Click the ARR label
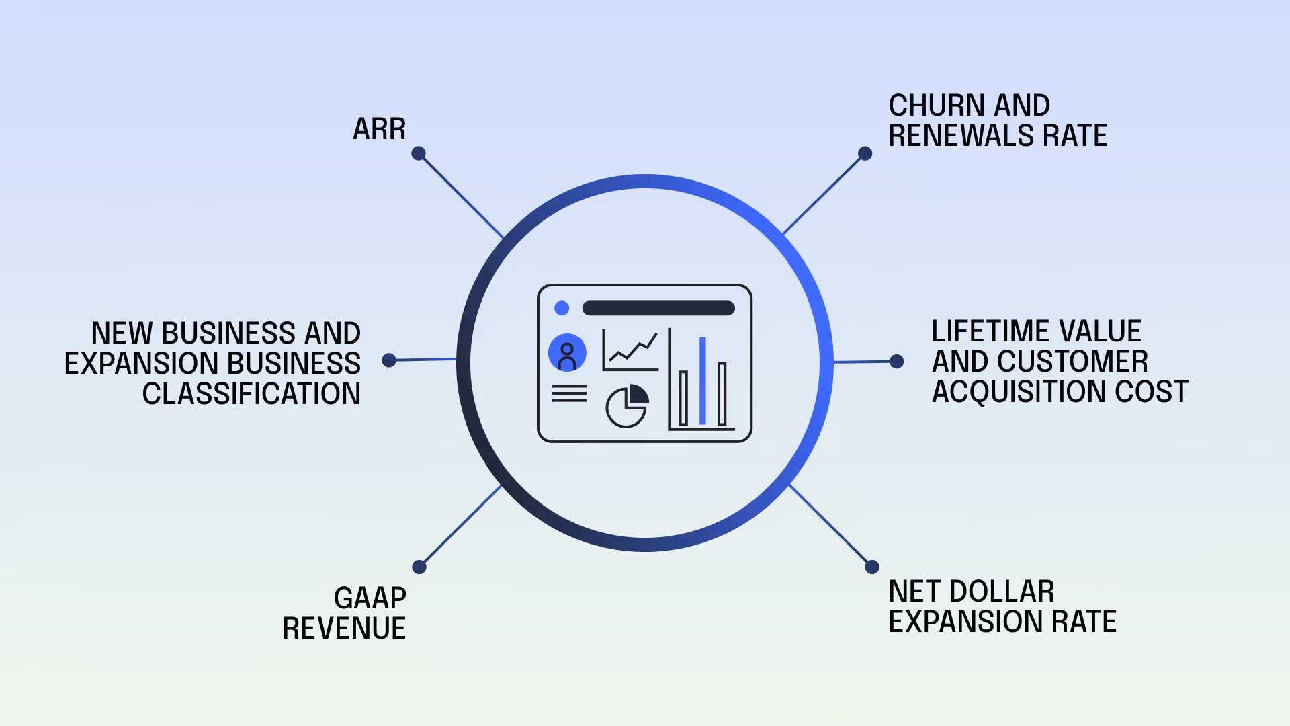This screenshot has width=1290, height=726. [x=379, y=129]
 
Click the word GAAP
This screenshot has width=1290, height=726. [x=370, y=598]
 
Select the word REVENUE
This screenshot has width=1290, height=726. [x=344, y=629]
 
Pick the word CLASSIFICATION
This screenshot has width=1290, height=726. [x=251, y=394]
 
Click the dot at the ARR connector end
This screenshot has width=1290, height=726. [x=419, y=154]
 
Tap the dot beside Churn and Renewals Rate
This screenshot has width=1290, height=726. [x=865, y=154]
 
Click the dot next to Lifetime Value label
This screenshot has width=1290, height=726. [x=896, y=362]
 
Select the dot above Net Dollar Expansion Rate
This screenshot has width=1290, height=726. [x=872, y=567]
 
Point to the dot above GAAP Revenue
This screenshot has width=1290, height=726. [x=419, y=567]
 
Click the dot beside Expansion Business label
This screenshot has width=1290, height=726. [x=389, y=360]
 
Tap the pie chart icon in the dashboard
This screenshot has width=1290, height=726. [x=627, y=407]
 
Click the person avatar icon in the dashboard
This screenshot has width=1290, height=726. [x=567, y=353]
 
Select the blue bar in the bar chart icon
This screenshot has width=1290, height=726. [x=703, y=380]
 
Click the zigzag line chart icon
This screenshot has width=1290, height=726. [x=631, y=350]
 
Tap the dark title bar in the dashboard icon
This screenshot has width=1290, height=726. [x=658, y=309]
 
